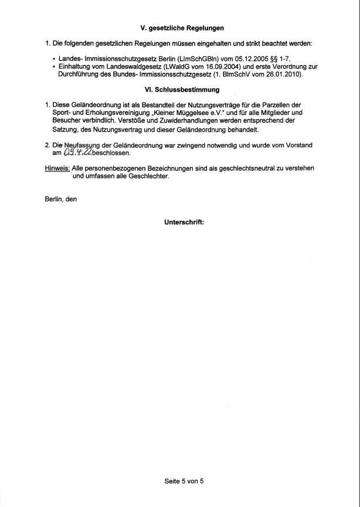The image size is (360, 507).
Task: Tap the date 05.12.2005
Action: click(x=222, y=59)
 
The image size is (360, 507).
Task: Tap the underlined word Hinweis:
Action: click(x=57, y=168)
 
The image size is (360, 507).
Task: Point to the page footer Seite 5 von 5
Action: click(x=182, y=480)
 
